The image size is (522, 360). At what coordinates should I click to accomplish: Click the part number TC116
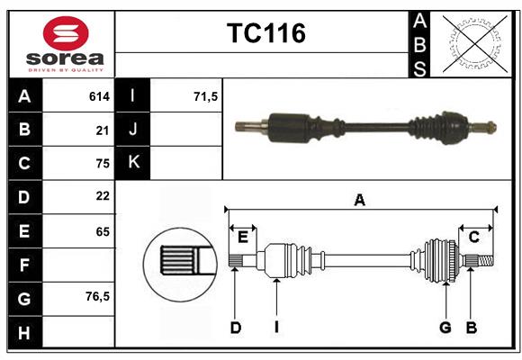pyautogui.click(x=265, y=33)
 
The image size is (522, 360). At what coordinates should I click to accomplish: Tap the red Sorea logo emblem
pyautogui.click(x=65, y=34)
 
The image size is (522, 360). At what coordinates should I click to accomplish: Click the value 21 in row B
pyautogui.click(x=103, y=130)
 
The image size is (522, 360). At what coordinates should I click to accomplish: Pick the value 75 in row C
pyautogui.click(x=102, y=164)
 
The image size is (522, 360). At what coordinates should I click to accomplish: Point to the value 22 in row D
pyautogui.click(x=102, y=196)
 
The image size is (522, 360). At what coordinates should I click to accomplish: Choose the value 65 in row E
pyautogui.click(x=102, y=231)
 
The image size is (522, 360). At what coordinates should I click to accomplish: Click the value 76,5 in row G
pyautogui.click(x=97, y=296)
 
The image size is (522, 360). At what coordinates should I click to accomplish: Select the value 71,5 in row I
pyautogui.click(x=206, y=95)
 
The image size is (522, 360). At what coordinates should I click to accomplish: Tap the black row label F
pyautogui.click(x=24, y=265)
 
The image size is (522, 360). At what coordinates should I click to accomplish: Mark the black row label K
pyautogui.click(x=133, y=163)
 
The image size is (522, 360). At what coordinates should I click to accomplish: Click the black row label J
pyautogui.click(x=133, y=130)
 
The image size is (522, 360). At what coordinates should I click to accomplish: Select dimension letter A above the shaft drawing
pyautogui.click(x=359, y=200)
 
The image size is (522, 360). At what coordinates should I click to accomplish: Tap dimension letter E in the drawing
pyautogui.click(x=243, y=237)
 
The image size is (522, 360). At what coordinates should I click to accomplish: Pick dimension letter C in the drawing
pyautogui.click(x=473, y=237)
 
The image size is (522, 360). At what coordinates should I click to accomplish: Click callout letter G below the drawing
pyautogui.click(x=445, y=328)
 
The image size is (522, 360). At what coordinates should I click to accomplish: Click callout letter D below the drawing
pyautogui.click(x=235, y=328)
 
